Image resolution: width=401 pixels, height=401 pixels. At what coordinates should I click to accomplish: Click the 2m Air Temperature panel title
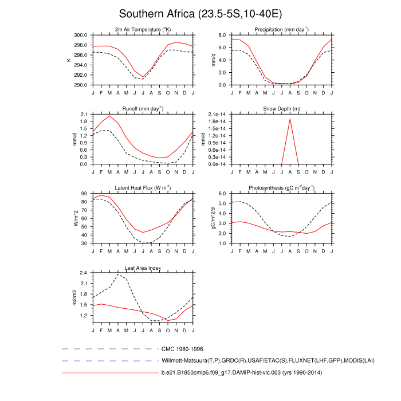click(143, 29)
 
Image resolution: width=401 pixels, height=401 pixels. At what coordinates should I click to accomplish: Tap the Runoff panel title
click(143, 109)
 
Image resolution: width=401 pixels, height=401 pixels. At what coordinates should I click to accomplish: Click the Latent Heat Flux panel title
click(143, 188)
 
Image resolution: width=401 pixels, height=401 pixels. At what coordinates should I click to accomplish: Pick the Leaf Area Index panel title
click(143, 268)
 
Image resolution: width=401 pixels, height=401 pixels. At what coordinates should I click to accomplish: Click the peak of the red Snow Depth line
click(290, 119)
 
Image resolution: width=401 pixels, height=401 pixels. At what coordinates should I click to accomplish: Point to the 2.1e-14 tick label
click(218, 115)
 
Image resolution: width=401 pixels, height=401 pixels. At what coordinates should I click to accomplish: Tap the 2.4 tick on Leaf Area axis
click(83, 273)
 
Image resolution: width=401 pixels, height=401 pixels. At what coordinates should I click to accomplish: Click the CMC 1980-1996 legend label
click(182, 348)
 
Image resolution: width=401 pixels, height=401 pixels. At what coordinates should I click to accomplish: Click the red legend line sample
click(109, 374)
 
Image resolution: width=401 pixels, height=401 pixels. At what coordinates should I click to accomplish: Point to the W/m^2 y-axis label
click(75, 219)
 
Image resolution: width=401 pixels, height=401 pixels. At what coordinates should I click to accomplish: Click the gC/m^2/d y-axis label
click(213, 219)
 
